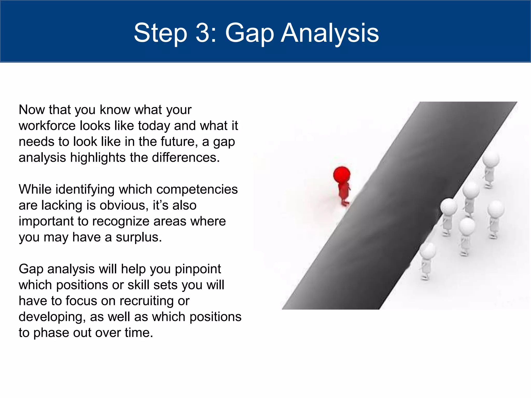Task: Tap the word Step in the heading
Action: point(160,33)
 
